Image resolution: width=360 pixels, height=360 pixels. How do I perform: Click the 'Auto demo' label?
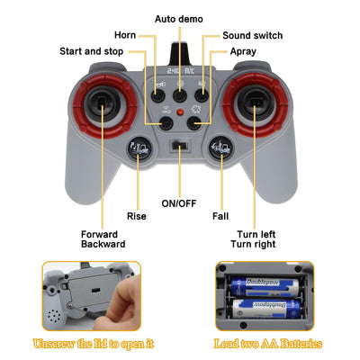(179, 19)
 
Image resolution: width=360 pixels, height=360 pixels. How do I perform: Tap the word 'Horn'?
(125, 35)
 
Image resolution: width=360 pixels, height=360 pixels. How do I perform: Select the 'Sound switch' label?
(253, 35)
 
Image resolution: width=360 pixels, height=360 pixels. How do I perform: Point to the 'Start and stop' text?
(92, 51)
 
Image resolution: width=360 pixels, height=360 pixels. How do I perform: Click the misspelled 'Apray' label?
(243, 51)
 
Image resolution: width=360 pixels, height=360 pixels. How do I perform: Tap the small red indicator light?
(180, 112)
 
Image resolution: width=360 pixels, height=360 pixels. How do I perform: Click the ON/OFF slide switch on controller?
(180, 146)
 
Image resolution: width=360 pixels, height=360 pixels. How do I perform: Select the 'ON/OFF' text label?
(179, 203)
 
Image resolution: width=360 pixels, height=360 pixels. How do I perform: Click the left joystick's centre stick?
(103, 103)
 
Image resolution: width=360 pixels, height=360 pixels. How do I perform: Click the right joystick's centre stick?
(255, 103)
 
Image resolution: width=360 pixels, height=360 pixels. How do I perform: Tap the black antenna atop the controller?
(180, 54)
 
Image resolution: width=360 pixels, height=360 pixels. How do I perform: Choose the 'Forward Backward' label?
(103, 239)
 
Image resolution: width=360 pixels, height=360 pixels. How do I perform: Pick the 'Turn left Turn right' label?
(253, 239)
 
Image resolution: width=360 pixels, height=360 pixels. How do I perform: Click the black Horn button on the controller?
(158, 95)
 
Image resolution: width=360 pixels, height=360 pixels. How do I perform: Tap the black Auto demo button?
(180, 95)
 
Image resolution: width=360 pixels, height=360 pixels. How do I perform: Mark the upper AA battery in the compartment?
(265, 287)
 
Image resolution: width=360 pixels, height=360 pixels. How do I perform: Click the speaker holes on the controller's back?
(54, 316)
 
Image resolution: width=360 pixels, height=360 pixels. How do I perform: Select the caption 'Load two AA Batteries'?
(268, 344)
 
